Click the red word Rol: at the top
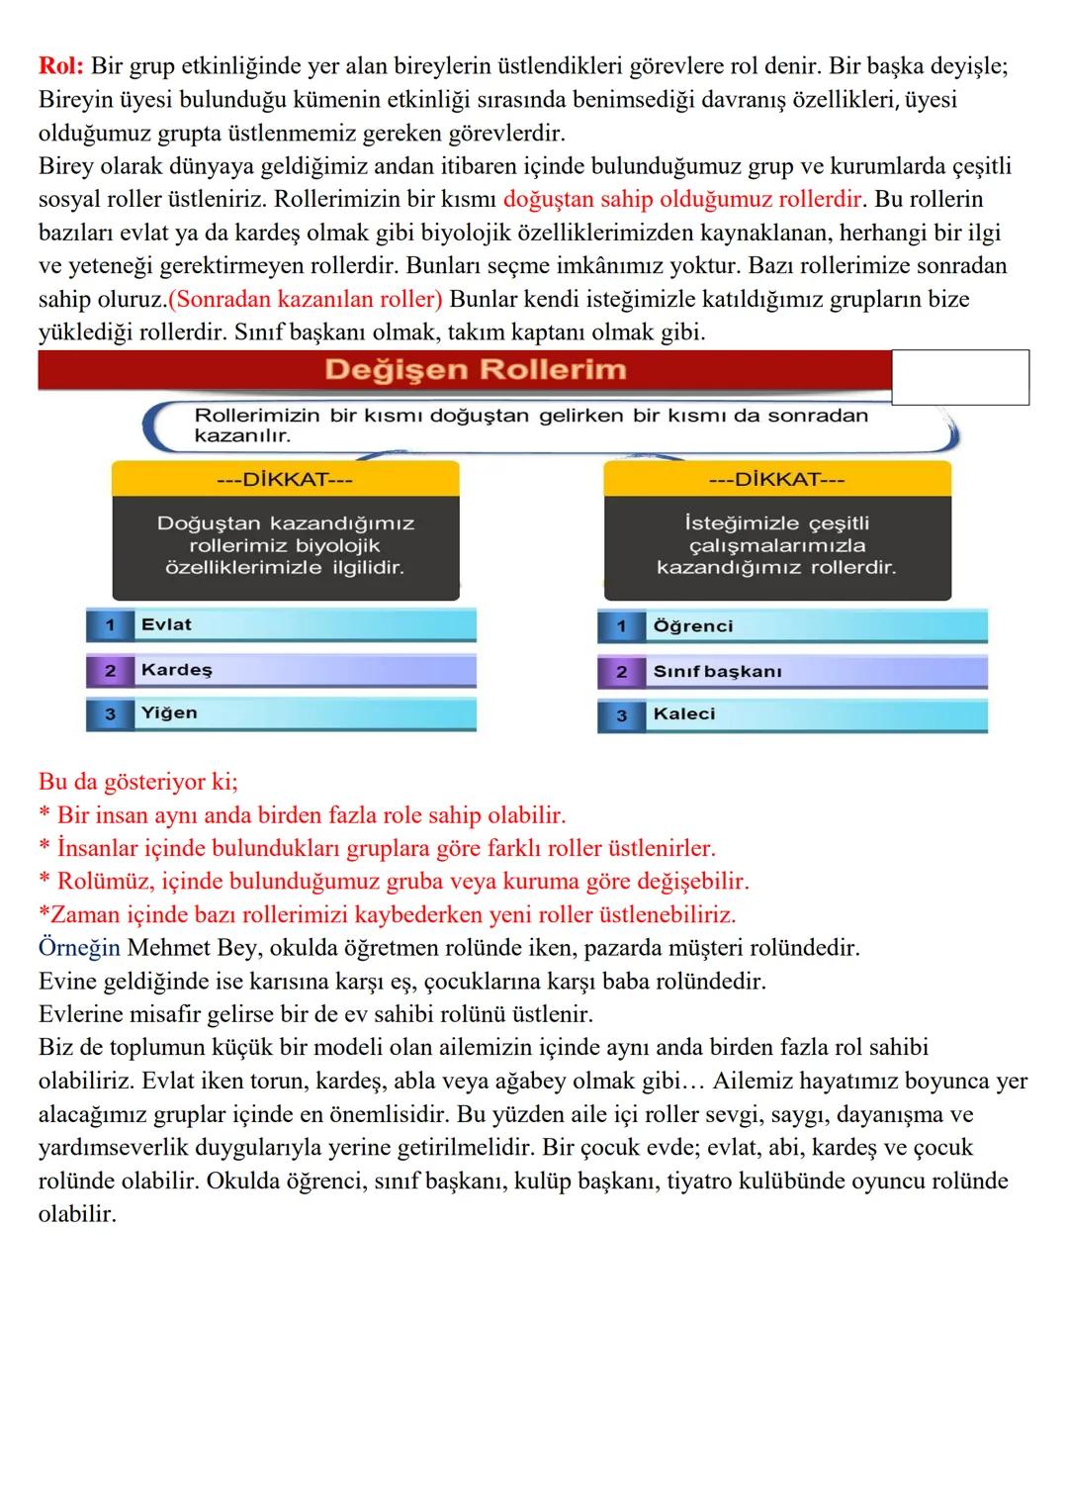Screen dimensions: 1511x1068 (61, 66)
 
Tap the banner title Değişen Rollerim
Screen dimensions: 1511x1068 (475, 370)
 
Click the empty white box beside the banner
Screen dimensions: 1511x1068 (959, 377)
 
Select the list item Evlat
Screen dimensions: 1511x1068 (166, 624)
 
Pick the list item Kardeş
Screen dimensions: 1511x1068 (176, 670)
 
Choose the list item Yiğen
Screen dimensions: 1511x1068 (169, 713)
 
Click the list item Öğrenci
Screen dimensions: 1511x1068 (692, 626)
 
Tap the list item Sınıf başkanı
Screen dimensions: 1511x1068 (717, 672)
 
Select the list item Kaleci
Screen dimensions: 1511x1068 (683, 714)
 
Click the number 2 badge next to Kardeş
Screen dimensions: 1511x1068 (110, 671)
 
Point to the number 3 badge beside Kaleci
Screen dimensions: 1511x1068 (621, 715)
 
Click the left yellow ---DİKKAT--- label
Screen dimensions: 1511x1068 (285, 480)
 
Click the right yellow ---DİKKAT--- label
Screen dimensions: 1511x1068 (776, 480)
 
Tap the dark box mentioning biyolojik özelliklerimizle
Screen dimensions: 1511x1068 (285, 546)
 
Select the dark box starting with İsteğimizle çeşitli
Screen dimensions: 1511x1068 (776, 546)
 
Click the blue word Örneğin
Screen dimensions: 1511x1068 (79, 948)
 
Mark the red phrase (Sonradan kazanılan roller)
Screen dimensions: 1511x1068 (306, 299)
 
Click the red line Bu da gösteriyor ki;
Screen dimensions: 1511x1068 (137, 782)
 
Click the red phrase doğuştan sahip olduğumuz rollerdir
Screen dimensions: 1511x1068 (682, 199)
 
